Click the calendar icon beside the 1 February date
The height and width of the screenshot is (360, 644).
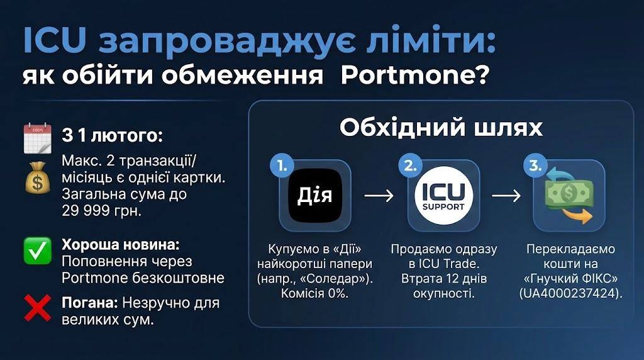click(37, 138)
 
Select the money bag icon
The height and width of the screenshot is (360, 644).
click(37, 178)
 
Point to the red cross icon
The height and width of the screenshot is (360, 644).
click(37, 307)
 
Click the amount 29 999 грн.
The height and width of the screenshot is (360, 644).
click(101, 211)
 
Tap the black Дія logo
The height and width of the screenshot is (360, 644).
click(315, 195)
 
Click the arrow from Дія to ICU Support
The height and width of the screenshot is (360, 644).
click(379, 196)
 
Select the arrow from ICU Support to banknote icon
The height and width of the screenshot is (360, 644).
click(506, 196)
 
